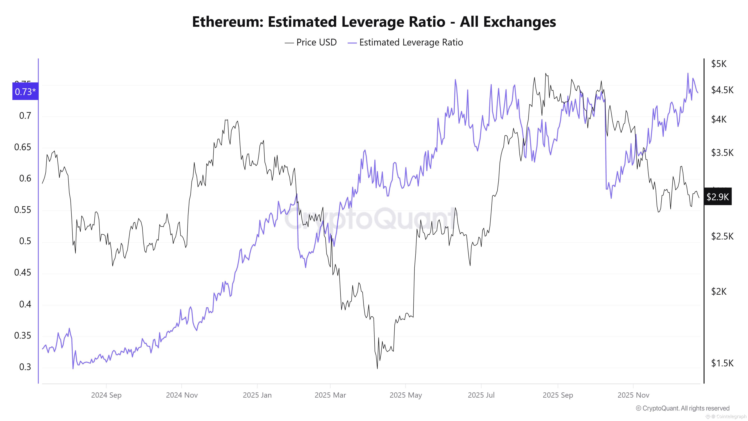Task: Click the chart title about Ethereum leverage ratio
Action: click(374, 22)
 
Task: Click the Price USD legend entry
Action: click(311, 42)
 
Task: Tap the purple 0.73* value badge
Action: click(25, 91)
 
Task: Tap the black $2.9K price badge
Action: click(718, 197)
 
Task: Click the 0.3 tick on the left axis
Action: click(25, 367)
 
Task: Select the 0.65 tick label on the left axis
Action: click(23, 147)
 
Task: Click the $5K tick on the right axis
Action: click(719, 64)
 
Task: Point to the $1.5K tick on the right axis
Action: click(722, 363)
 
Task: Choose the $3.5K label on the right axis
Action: click(722, 152)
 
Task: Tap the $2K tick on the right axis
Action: click(719, 291)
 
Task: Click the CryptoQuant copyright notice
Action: click(682, 408)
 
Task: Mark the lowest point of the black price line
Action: click(377, 368)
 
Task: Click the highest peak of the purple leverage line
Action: click(688, 74)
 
